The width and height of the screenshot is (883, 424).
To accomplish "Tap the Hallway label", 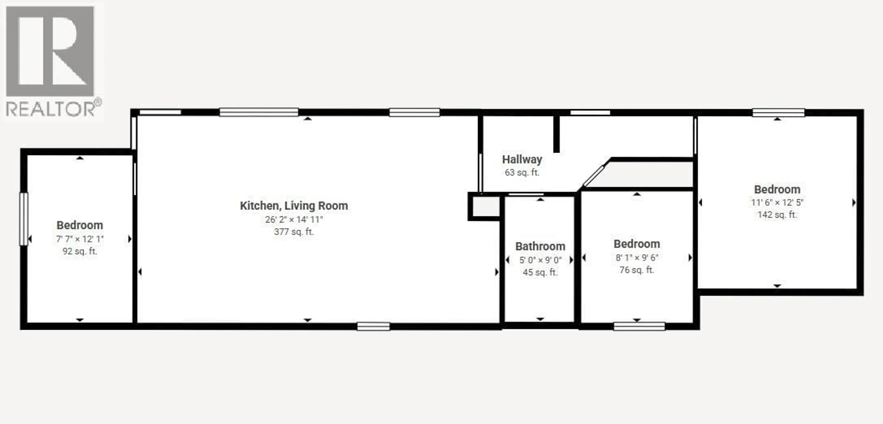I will (522, 159).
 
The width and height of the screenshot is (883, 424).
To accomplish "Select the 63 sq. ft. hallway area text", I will (522, 172).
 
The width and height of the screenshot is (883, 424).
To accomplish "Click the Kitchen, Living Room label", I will (294, 206).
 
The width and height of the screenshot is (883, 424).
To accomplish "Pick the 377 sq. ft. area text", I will (294, 232).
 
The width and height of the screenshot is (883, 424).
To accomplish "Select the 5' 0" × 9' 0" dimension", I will (540, 260).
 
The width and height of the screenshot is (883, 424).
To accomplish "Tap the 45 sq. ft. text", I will (540, 272).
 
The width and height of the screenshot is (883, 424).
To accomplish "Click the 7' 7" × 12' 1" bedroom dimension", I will (80, 239).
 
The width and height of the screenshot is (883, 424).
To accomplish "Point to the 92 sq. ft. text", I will (80, 251).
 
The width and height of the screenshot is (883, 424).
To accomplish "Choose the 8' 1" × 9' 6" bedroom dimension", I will (636, 258).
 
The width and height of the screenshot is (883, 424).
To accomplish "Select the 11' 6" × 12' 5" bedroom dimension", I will (777, 202).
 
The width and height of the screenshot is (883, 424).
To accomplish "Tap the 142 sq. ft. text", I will (777, 215).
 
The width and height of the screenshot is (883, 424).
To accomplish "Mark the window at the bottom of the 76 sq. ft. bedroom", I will (639, 326).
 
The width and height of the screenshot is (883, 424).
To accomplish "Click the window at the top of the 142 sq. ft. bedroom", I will (778, 112).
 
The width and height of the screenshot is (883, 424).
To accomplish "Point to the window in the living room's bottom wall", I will (373, 326).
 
